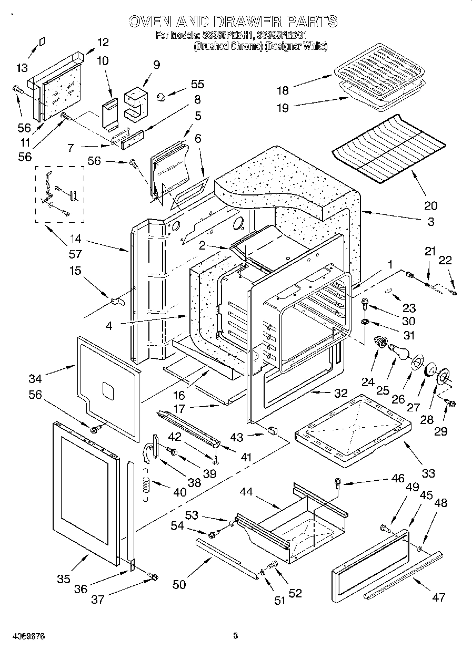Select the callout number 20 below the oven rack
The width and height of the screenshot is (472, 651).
[430, 205]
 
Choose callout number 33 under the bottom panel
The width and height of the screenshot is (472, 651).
[428, 473]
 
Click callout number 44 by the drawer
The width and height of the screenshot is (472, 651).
[246, 492]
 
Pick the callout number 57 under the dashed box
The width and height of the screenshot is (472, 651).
[75, 254]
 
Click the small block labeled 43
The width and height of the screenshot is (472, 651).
[272, 431]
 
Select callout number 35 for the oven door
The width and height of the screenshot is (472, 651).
[63, 579]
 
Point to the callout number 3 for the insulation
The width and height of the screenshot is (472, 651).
[431, 221]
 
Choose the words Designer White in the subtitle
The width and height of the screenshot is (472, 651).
[296, 46]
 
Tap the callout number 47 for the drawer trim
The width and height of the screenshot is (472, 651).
[438, 597]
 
